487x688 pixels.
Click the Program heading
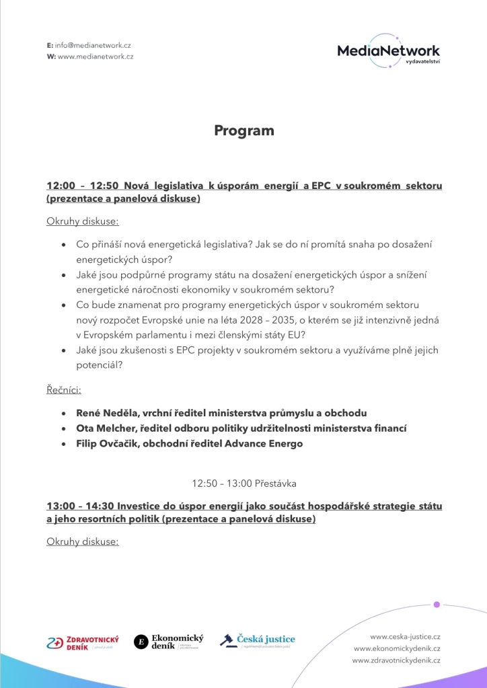(243, 130)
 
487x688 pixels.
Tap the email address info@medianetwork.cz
(93, 44)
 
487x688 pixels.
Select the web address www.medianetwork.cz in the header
(96, 56)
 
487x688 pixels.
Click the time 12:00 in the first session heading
(59, 186)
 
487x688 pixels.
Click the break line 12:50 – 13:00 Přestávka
(243, 484)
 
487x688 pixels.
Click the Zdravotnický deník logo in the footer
(83, 642)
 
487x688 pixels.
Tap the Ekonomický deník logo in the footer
(169, 642)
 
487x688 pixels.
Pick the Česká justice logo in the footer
(258, 640)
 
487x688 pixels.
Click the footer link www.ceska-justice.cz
(405, 636)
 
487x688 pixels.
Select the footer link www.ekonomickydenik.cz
(397, 648)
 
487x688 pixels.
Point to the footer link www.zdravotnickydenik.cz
(396, 661)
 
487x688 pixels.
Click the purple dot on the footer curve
(437, 605)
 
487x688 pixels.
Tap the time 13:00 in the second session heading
(59, 506)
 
